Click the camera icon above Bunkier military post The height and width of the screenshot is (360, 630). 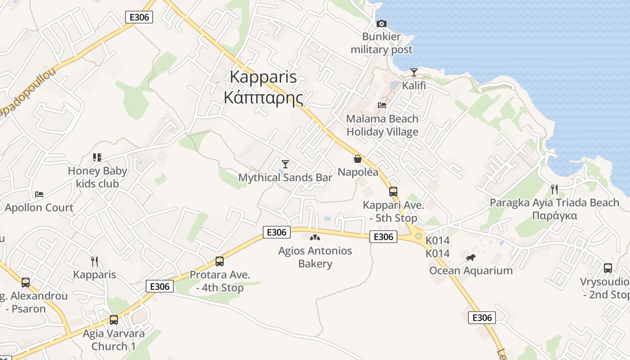tap(381, 23)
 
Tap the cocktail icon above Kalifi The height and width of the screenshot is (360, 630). tap(414, 72)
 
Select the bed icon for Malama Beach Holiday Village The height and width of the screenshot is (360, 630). tap(382, 105)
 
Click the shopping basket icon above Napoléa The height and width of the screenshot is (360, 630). tap(358, 159)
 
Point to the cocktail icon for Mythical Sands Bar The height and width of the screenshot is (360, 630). tap(285, 164)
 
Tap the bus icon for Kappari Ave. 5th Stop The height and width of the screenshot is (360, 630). tap(393, 192)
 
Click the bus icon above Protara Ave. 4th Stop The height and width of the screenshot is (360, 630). tap(220, 261)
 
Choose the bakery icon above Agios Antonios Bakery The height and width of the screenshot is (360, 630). tap(315, 237)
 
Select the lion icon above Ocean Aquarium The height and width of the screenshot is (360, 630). tap(471, 257)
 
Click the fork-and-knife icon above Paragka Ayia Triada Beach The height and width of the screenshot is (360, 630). tap(554, 189)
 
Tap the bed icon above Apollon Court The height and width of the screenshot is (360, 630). tap(39, 194)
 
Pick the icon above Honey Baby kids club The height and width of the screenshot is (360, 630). tap(97, 157)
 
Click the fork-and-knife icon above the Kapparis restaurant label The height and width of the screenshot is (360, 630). tap(94, 261)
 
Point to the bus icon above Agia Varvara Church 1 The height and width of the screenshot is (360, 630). tap(114, 320)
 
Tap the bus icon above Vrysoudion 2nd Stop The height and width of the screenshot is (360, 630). tap(608, 268)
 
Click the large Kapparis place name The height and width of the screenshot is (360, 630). tap(263, 76)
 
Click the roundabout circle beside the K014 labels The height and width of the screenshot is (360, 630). tap(418, 236)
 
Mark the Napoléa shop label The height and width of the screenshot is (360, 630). tap(358, 172)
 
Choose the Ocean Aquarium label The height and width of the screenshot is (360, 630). tap(471, 270)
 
